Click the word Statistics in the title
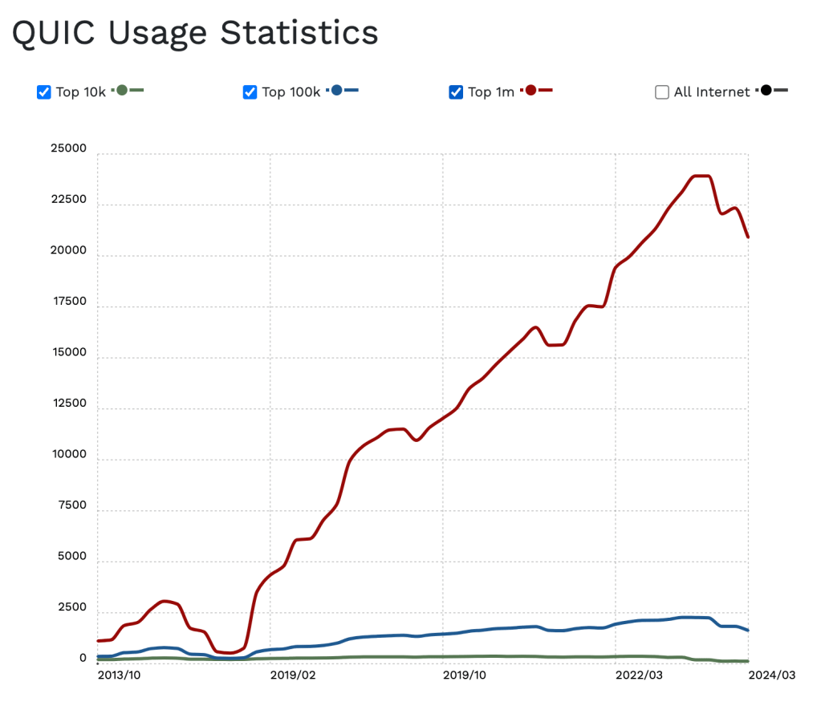(x=299, y=32)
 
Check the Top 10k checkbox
(x=44, y=92)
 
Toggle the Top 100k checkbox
(x=250, y=92)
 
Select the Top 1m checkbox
(x=456, y=92)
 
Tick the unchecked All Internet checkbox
(x=662, y=92)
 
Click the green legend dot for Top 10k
(x=122, y=91)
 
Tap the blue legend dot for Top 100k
(x=336, y=91)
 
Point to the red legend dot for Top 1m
(x=530, y=91)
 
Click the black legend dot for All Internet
(x=766, y=91)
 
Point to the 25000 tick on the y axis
(x=67, y=149)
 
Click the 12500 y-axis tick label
(x=67, y=404)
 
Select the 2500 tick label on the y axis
(x=71, y=608)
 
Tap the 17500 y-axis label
(x=67, y=302)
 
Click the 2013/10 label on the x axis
(x=119, y=675)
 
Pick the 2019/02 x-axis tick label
(x=292, y=675)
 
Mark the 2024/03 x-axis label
(x=771, y=675)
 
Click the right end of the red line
(x=748, y=237)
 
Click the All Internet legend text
(x=712, y=92)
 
